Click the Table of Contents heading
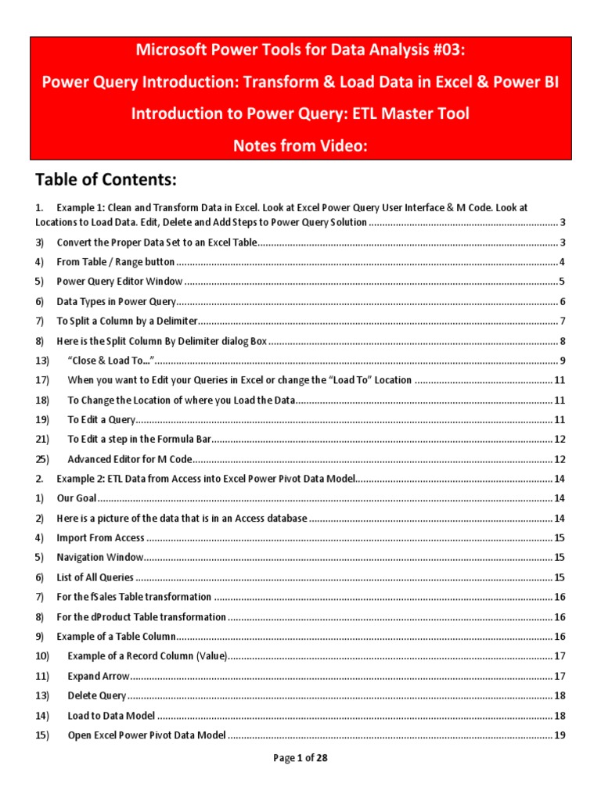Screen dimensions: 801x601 [106, 181]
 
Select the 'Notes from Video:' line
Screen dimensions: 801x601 [300, 145]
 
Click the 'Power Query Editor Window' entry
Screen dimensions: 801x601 [120, 282]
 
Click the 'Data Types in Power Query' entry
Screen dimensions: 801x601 [117, 302]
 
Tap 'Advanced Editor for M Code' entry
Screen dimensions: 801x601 [129, 460]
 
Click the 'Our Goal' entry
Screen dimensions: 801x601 [76, 498]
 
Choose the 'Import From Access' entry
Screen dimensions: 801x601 [100, 538]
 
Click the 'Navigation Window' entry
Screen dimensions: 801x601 [100, 558]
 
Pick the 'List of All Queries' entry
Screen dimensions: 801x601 [95, 578]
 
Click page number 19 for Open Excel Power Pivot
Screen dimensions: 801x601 [560, 735]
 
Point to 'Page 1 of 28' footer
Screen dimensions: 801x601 [300, 758]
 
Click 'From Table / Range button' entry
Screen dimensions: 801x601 [115, 262]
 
